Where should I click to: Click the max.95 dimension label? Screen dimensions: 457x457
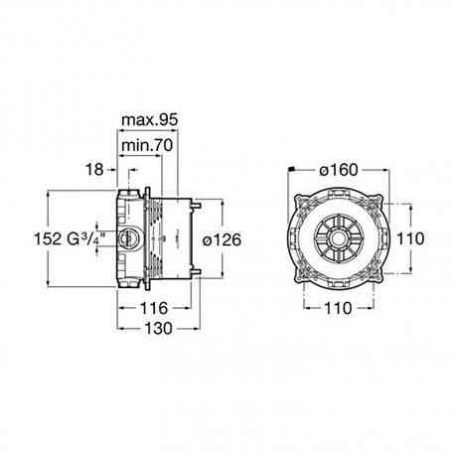pos(150,120)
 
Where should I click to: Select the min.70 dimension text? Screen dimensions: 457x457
pos(147,145)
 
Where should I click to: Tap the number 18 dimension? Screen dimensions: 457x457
pos(94,170)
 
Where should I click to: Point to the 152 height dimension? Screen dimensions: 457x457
pos(48,238)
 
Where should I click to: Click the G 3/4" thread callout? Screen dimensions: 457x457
pos(85,238)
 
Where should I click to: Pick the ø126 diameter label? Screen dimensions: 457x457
pos(222,239)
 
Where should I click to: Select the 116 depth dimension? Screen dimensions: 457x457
pos(154,308)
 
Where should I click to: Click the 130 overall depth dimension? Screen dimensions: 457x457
pos(159,329)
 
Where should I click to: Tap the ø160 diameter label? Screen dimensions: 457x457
pos(339,170)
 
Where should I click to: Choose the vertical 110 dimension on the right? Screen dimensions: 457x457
pos(410,238)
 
